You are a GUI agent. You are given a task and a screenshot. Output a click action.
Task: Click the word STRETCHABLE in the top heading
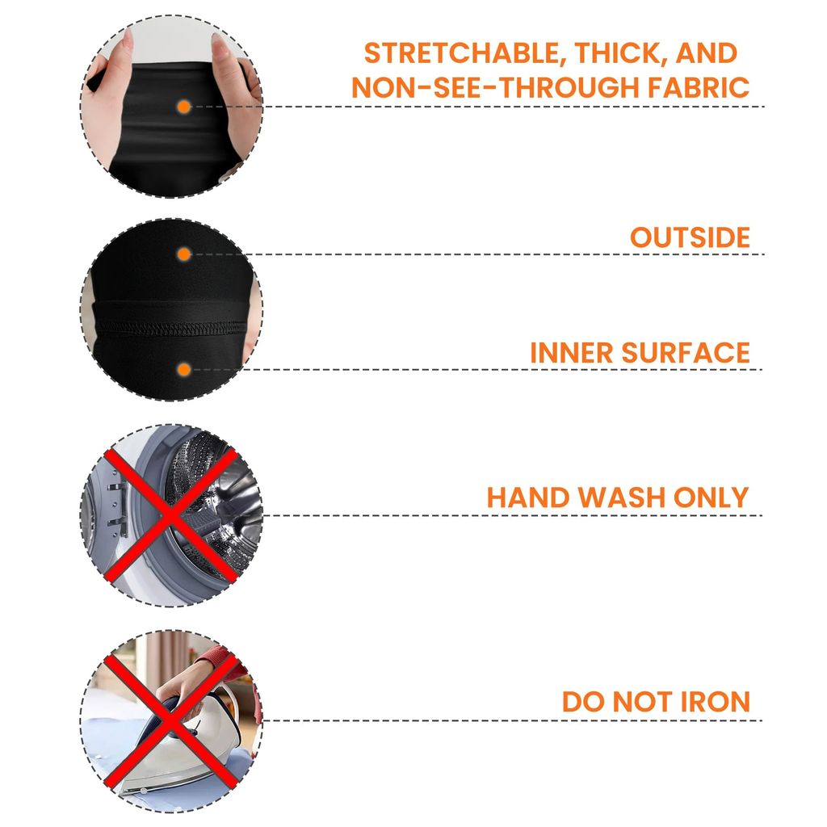(461, 53)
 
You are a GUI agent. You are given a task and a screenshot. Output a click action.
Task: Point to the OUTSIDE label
(690, 237)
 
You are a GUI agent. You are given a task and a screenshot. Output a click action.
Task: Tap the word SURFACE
(686, 353)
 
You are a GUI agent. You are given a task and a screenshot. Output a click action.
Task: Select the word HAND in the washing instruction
(527, 497)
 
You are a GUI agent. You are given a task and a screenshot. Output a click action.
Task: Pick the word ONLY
(711, 497)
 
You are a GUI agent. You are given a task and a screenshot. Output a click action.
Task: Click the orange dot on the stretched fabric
(183, 107)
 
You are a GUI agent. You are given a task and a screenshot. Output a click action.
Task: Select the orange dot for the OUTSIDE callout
(183, 254)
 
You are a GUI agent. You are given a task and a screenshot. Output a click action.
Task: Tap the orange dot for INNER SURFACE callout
(183, 370)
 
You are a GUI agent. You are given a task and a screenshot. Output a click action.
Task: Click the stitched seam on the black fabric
(171, 328)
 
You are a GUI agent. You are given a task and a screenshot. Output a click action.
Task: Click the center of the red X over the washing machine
(171, 515)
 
